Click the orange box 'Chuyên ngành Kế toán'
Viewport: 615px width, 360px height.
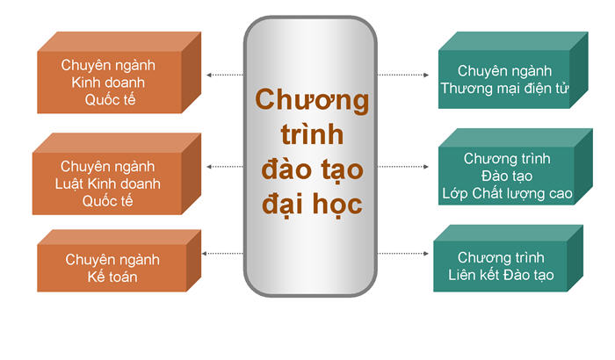(x=119, y=261)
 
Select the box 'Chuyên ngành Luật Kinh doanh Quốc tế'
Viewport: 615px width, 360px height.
(x=117, y=174)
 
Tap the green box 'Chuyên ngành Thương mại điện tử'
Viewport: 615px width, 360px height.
(x=513, y=70)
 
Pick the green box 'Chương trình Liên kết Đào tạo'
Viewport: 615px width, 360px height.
(x=509, y=258)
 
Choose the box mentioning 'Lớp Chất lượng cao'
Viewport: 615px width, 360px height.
(x=516, y=167)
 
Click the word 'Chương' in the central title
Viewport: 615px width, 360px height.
(x=312, y=99)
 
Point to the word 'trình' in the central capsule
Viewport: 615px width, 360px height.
(x=312, y=133)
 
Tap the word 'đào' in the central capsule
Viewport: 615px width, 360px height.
(x=285, y=169)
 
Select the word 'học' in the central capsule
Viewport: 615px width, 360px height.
(x=337, y=205)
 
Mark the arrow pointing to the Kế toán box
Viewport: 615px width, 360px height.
(x=222, y=254)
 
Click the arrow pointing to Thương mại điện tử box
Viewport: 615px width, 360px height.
(x=403, y=75)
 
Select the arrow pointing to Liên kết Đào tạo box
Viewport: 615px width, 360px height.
(x=403, y=254)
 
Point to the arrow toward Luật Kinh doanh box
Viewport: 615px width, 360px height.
(x=225, y=167)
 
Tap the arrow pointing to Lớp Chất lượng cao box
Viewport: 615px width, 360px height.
(x=403, y=167)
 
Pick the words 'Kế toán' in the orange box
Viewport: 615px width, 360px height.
(x=112, y=277)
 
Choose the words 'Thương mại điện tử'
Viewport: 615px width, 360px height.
(x=504, y=89)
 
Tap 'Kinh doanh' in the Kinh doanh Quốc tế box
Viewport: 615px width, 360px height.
(x=108, y=83)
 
